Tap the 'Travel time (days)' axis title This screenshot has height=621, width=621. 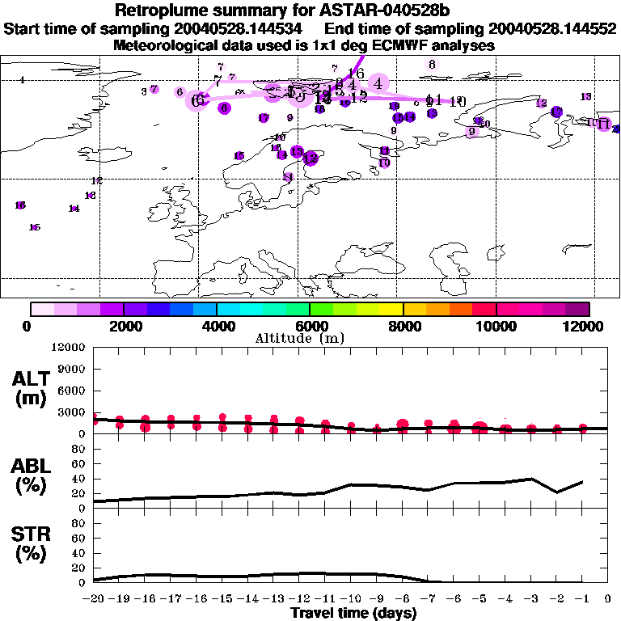(x=353, y=613)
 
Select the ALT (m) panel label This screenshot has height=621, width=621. (x=32, y=389)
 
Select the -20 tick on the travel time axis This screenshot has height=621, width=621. (x=94, y=599)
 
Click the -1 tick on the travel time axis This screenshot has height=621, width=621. (x=582, y=599)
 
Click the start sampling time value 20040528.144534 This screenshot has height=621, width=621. (x=240, y=29)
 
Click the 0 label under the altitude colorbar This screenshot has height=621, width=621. (x=28, y=326)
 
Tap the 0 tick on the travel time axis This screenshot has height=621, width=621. (x=608, y=599)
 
